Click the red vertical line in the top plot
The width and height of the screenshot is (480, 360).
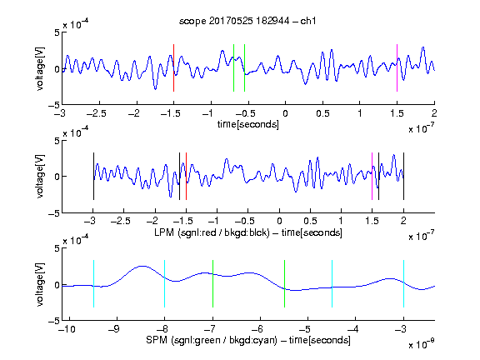click(173, 68)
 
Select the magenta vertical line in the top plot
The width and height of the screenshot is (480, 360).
click(397, 68)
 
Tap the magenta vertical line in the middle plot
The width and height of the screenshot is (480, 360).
click(372, 176)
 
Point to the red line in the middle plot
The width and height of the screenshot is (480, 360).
click(186, 176)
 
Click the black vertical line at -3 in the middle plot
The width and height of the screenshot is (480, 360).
click(93, 176)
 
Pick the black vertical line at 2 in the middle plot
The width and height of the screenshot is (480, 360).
click(403, 176)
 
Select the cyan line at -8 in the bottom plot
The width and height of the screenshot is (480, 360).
click(165, 284)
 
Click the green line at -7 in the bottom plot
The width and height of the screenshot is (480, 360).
click(212, 284)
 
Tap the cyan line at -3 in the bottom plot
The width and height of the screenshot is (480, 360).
click(403, 284)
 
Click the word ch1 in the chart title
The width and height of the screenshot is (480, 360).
click(307, 21)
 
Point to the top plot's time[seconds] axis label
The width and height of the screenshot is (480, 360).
click(248, 124)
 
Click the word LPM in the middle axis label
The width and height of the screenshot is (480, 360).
click(164, 232)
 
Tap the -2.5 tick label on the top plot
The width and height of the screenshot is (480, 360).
click(96, 113)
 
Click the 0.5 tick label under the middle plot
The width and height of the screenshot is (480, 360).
click(310, 221)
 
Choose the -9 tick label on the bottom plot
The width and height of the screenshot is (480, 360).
click(114, 329)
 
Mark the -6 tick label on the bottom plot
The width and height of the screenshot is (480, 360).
click(257, 329)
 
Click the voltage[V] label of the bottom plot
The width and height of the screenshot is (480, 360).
click(40, 284)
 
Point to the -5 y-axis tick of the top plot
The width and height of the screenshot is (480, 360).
click(54, 105)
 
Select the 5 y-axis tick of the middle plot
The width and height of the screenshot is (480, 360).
click(57, 141)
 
